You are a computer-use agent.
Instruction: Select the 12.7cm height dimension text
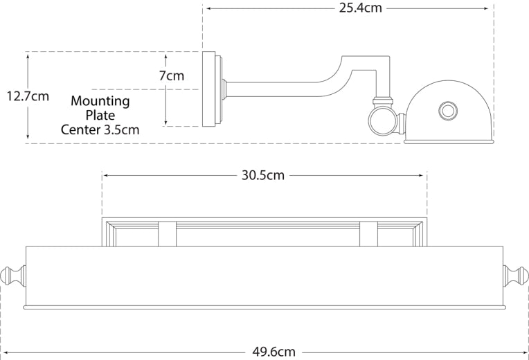(x=27, y=96)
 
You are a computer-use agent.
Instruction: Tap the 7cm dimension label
(x=171, y=75)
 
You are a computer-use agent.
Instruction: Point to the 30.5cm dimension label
(x=263, y=175)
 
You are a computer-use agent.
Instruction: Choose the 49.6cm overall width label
(x=274, y=352)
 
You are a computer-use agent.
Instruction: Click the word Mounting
(x=100, y=101)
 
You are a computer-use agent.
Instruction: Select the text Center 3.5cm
(x=100, y=129)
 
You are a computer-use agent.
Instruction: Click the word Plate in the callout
(x=100, y=115)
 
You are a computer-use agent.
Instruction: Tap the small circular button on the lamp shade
(x=448, y=111)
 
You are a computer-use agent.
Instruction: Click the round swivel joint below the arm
(x=380, y=122)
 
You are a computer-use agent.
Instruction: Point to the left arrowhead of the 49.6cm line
(x=3, y=352)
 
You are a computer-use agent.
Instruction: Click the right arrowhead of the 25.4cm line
(x=490, y=8)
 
